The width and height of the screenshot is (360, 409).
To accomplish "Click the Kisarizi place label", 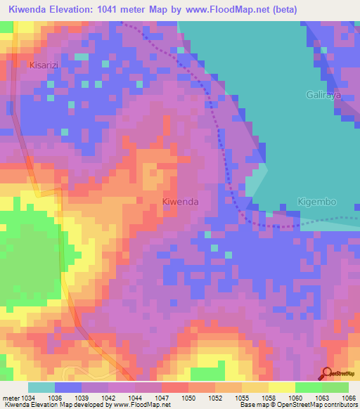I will pyautogui.click(x=46, y=65).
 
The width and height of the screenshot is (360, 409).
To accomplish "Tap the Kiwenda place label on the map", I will pyautogui.click(x=181, y=202).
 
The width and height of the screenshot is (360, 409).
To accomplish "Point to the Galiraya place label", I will pyautogui.click(x=323, y=93).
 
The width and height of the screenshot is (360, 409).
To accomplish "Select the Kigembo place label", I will pyautogui.click(x=317, y=202).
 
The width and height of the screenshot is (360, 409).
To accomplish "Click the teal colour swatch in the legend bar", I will pyautogui.click(x=41, y=387).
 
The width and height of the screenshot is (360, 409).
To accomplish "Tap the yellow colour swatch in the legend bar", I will pyautogui.click(x=281, y=387).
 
